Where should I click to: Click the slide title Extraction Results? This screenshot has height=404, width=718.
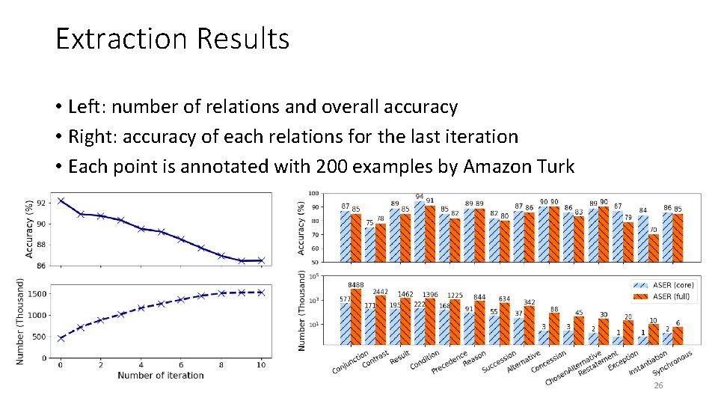pos(172,38)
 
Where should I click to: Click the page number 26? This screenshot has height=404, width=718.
pos(658,385)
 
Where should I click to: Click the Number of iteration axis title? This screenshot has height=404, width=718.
pos(160,375)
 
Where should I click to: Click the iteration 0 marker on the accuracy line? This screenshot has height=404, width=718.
pos(61,201)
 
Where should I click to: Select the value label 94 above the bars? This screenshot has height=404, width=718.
pos(420,196)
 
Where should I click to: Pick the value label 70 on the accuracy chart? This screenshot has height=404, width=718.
pos(653,230)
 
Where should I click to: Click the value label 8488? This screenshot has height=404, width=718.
pos(357,285)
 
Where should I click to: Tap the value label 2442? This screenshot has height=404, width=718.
pos(381,291)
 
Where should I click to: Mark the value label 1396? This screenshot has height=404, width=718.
pos(430,295)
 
